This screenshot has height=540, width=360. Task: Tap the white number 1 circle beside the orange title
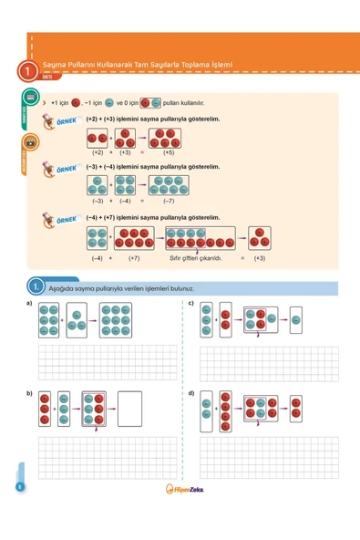click(30, 69)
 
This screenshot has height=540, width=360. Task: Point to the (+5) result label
click(169, 152)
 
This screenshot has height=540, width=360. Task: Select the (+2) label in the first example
click(98, 152)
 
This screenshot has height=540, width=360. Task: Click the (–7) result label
click(168, 199)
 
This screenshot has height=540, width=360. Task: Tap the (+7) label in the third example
click(134, 258)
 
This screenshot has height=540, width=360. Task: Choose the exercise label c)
click(190, 302)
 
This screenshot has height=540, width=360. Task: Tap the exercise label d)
click(190, 392)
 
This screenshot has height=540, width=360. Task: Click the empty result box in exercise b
click(129, 410)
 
